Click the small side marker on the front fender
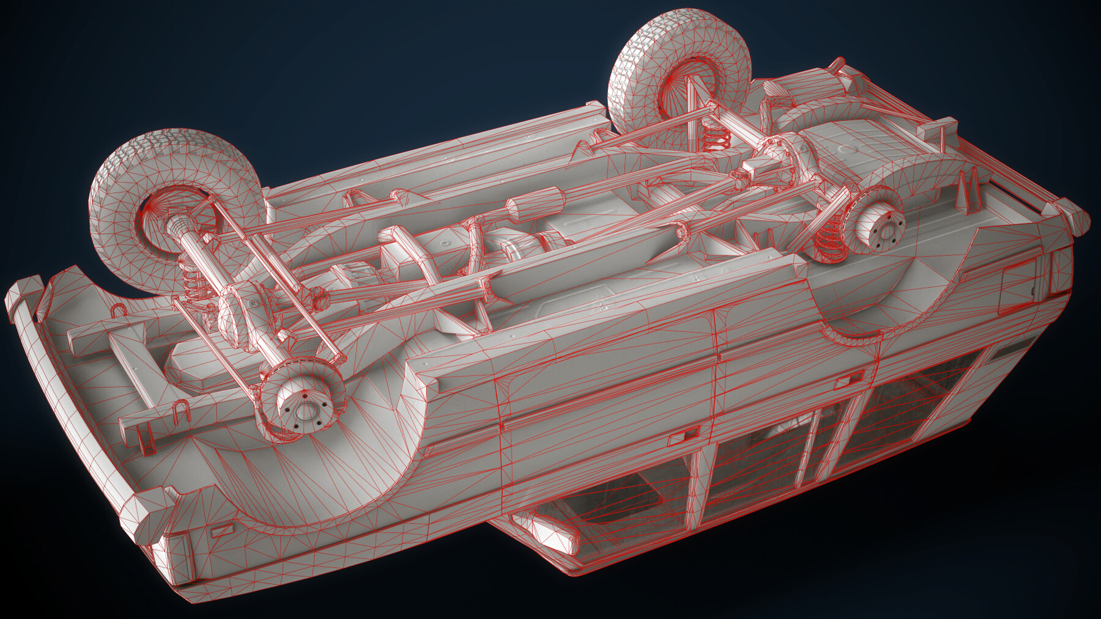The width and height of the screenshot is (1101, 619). pyautogui.click(x=218, y=532)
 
